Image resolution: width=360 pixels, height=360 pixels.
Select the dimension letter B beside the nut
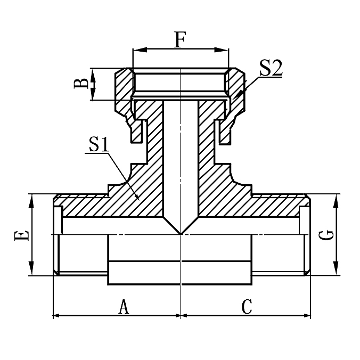[x=81, y=84]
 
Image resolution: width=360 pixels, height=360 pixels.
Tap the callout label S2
[x=271, y=68]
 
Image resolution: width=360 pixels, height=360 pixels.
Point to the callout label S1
[x=99, y=144]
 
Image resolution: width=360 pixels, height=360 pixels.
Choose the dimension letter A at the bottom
[x=123, y=307]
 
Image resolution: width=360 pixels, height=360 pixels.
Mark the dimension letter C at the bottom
[x=247, y=307]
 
